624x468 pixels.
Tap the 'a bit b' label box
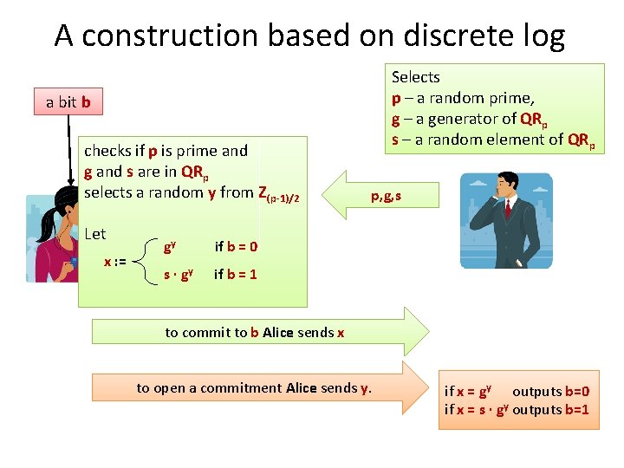click(x=68, y=102)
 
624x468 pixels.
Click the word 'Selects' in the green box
click(x=416, y=77)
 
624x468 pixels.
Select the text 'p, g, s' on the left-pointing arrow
click(x=387, y=198)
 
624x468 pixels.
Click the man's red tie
click(x=507, y=207)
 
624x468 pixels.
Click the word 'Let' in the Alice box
click(x=95, y=234)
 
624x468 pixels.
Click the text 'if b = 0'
click(x=236, y=246)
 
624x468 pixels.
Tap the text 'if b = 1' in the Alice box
click(x=236, y=274)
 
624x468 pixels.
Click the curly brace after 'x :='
click(x=143, y=260)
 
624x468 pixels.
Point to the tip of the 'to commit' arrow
click(x=426, y=332)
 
